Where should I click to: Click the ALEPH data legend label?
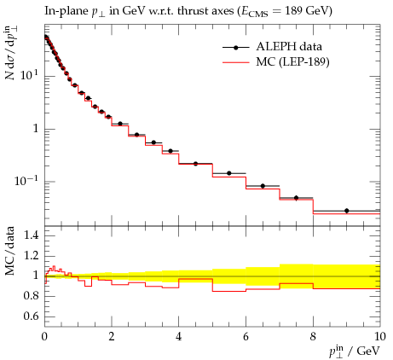[x=289, y=47]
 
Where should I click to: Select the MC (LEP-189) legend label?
[x=292, y=61]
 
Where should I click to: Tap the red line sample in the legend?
[x=236, y=61]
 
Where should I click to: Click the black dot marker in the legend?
[x=236, y=48]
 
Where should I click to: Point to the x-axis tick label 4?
[x=178, y=337]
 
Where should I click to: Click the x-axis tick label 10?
[x=380, y=337]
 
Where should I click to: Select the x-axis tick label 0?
[x=44, y=337]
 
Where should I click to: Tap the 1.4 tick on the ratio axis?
[x=31, y=235]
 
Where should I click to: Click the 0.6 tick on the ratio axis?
[x=31, y=316]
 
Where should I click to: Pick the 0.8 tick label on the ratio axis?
[x=31, y=296]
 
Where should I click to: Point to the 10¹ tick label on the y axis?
[x=29, y=75]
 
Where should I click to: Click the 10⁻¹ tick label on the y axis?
[x=26, y=180]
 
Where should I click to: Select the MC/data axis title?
[x=10, y=251]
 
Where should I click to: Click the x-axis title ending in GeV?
[x=355, y=351]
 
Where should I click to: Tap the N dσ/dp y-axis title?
[x=10, y=53]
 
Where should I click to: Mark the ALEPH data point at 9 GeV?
[x=346, y=211]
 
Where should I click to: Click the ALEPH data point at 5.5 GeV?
[x=229, y=173]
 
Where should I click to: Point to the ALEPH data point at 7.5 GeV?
[x=296, y=198]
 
